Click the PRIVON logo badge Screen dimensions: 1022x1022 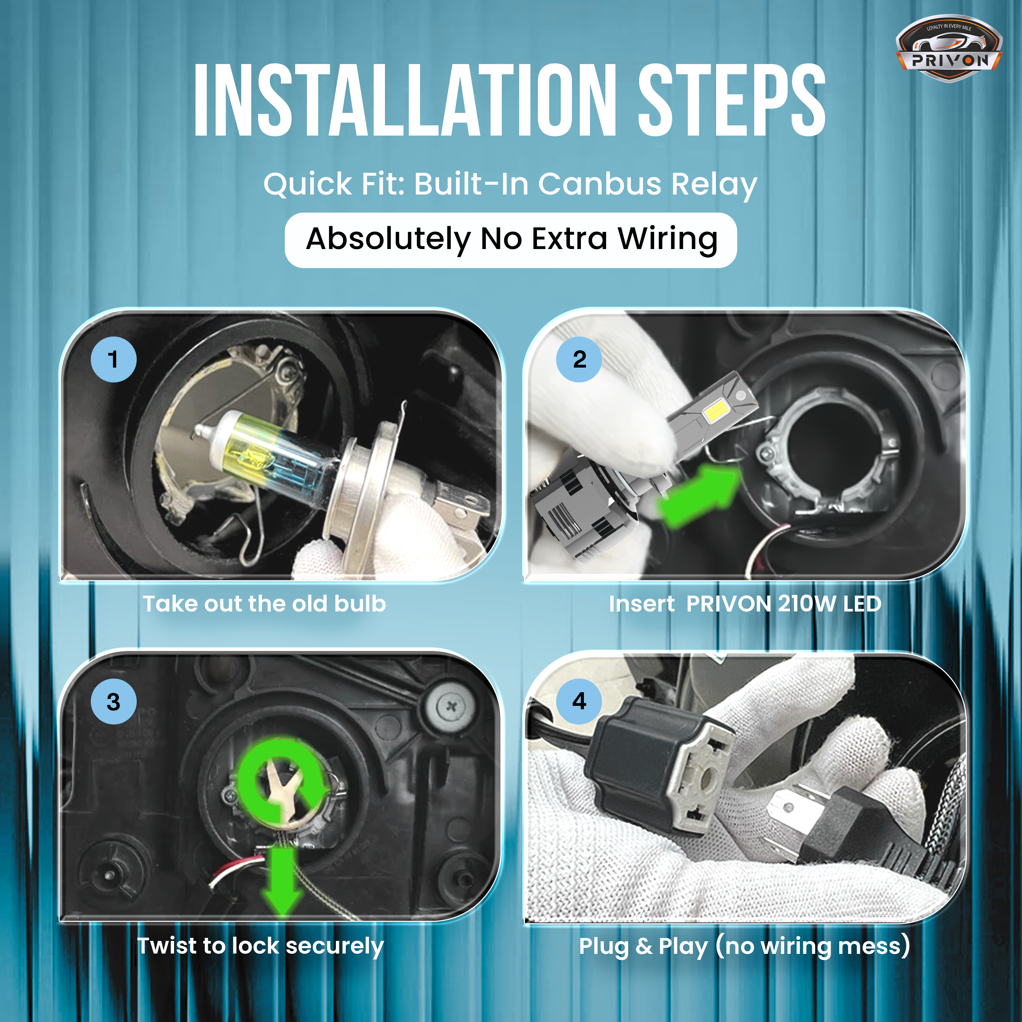click(948, 49)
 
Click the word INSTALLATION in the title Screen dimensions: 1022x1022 click(405, 100)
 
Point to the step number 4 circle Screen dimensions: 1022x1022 click(579, 701)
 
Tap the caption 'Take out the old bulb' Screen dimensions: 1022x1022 click(264, 604)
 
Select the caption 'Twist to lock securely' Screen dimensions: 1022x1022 click(260, 945)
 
